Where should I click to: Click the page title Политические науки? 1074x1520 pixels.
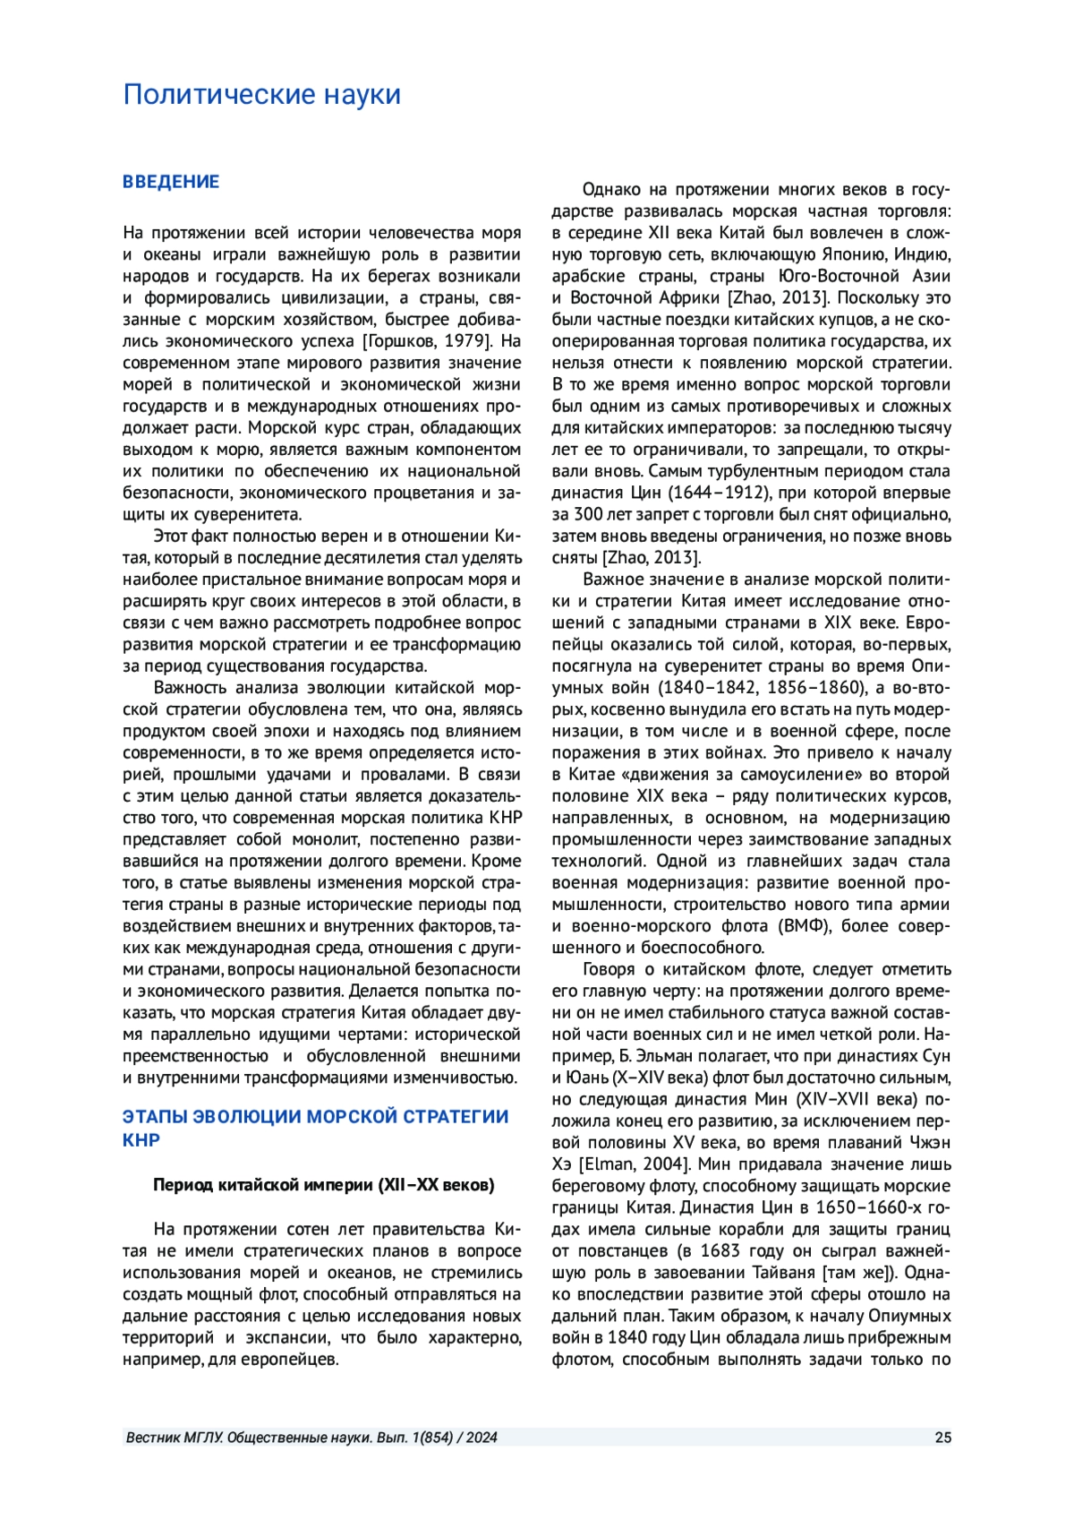(x=261, y=94)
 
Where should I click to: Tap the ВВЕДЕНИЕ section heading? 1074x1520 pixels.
(x=171, y=182)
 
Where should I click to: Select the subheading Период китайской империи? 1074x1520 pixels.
(x=323, y=1185)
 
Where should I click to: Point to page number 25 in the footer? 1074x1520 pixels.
(x=942, y=1438)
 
